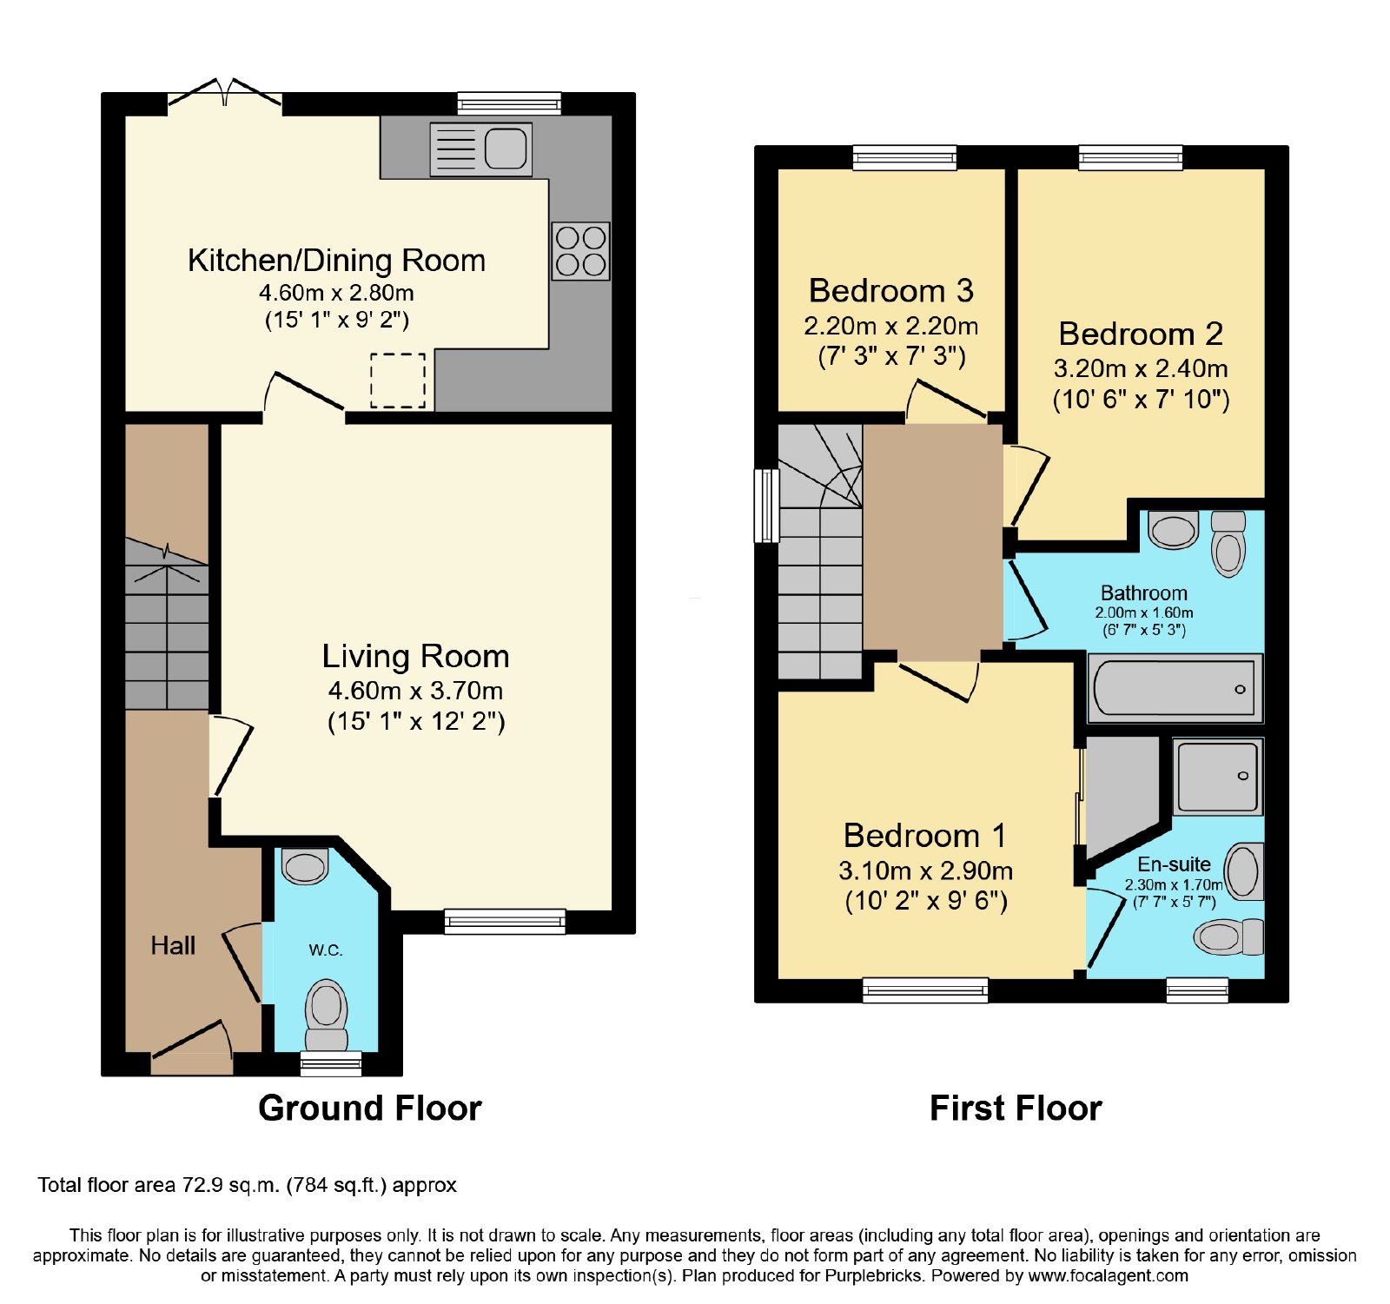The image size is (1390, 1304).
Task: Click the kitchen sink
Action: [x=480, y=149]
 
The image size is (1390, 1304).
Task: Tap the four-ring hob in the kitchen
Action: [x=580, y=252]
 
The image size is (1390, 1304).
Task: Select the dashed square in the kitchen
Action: [x=398, y=381]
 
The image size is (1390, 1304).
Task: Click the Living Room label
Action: [x=415, y=656]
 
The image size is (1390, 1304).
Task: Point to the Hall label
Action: [x=173, y=945]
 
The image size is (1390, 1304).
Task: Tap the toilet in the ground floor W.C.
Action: [x=327, y=1015]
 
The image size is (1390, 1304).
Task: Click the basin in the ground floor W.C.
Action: [x=305, y=866]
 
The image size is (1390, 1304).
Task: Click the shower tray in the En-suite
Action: [x=1217, y=776]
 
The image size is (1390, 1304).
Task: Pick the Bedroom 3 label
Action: [x=890, y=290]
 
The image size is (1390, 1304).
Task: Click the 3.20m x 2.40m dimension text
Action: [x=1141, y=368]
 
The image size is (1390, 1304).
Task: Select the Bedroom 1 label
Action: [x=925, y=835]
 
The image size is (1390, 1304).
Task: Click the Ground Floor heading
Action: [x=370, y=1108]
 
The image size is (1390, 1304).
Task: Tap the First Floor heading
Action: [x=1016, y=1108]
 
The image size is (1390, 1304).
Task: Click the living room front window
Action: [x=505, y=921]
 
